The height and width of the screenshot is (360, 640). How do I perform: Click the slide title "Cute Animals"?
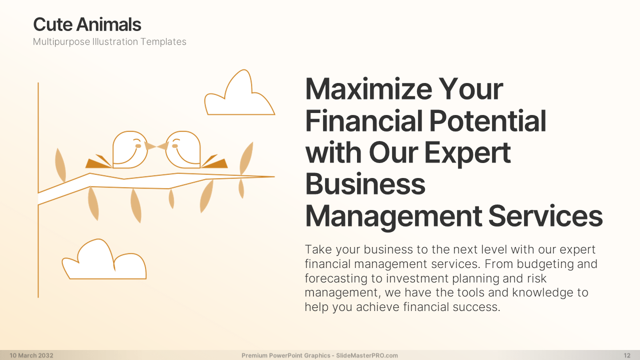click(87, 24)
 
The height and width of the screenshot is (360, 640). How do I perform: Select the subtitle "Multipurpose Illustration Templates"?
click(109, 41)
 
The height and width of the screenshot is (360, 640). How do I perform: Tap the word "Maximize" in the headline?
click(368, 89)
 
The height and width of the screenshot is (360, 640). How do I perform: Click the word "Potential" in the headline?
click(487, 121)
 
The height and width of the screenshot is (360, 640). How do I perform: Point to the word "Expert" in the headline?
click(467, 153)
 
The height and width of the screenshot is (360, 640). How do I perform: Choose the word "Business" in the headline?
click(365, 184)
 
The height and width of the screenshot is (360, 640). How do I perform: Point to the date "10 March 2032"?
click(31, 355)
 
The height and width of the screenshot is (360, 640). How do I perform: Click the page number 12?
click(627, 355)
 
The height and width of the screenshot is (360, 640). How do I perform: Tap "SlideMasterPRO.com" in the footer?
click(367, 355)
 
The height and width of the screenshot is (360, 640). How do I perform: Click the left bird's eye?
click(138, 146)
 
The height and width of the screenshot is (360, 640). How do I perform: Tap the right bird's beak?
click(162, 146)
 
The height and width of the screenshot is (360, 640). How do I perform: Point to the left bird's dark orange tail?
click(98, 162)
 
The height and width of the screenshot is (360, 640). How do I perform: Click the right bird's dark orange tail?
click(215, 162)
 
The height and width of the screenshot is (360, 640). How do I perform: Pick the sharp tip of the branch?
click(274, 177)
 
